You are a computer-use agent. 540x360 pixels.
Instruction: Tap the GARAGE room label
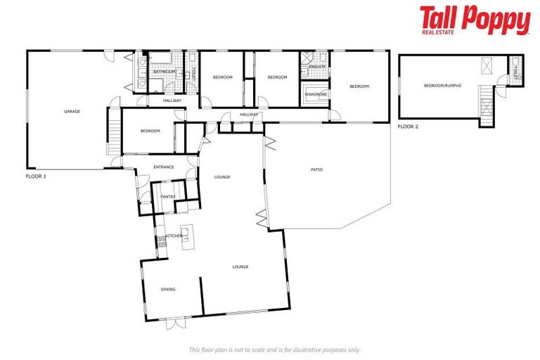(x=72, y=111)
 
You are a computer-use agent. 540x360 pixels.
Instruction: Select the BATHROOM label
(x=164, y=71)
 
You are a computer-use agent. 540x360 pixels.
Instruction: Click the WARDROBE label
(x=314, y=93)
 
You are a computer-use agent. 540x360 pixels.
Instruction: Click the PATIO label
(x=316, y=169)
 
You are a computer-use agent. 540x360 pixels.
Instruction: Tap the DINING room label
(x=167, y=289)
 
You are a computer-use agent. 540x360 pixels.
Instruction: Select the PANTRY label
(x=167, y=197)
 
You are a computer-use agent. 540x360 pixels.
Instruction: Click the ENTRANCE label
(x=164, y=167)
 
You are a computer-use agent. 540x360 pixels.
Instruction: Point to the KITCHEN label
(x=174, y=236)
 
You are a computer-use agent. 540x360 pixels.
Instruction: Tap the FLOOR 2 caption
(x=408, y=127)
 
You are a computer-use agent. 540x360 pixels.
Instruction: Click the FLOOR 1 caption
(x=36, y=176)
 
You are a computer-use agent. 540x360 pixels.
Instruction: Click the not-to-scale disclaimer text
(x=274, y=349)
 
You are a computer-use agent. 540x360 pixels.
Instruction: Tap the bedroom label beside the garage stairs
(x=150, y=131)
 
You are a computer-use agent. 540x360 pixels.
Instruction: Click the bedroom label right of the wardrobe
(x=359, y=86)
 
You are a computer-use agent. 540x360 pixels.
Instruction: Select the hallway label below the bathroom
(x=172, y=101)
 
